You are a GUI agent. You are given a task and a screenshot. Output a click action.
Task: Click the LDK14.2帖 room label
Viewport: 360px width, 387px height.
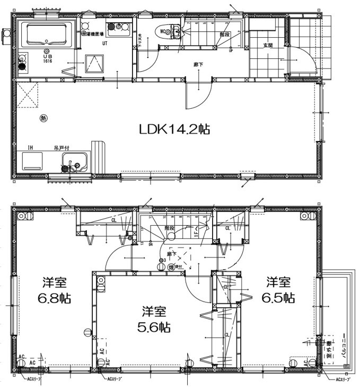(x=174, y=130)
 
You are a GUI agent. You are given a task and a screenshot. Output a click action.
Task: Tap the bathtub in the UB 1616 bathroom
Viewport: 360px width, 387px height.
(x=45, y=35)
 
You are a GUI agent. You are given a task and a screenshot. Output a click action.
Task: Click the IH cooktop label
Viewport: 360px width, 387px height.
(x=31, y=148)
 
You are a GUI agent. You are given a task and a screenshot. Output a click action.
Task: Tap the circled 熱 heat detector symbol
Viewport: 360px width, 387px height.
(x=43, y=118)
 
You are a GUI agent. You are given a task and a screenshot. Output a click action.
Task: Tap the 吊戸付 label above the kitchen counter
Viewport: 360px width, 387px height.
(x=60, y=148)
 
